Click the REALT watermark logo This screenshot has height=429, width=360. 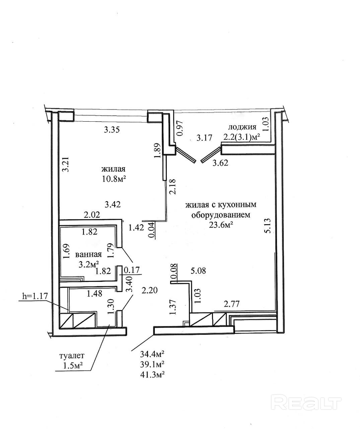click(307, 402)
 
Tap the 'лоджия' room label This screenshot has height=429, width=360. click(242, 127)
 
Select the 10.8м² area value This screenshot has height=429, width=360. click(114, 179)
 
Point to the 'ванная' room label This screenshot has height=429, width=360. click(88, 254)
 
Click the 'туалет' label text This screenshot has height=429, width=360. click(72, 355)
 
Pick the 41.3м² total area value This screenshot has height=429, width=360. click(152, 373)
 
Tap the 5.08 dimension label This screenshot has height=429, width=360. click(198, 270)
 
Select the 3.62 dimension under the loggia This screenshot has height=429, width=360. click(220, 163)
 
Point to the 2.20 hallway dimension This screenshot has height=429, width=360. click(150, 290)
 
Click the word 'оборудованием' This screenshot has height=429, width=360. click(221, 215)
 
